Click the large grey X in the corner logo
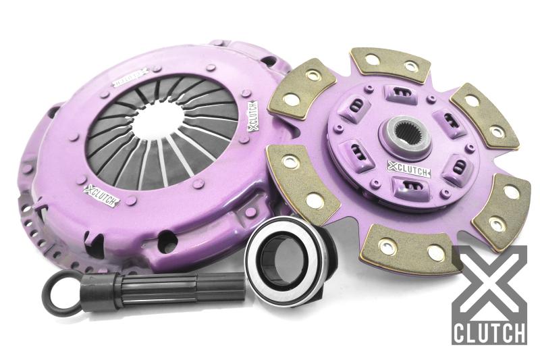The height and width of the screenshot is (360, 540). pos(489,283)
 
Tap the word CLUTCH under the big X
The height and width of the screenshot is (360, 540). pos(489,333)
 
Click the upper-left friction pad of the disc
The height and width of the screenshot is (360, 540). pos(298,88)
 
